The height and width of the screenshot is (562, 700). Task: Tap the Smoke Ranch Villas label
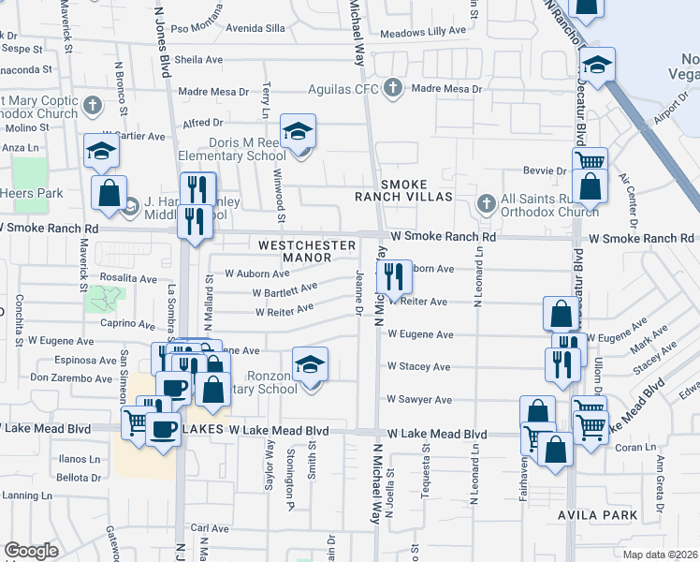(x=416, y=189)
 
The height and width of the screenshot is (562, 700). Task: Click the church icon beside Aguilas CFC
(x=393, y=90)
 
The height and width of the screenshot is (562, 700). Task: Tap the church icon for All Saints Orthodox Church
(x=486, y=203)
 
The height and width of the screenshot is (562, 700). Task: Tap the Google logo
(x=31, y=551)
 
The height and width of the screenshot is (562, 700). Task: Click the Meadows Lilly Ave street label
(x=423, y=31)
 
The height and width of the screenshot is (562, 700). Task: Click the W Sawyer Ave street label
(x=420, y=400)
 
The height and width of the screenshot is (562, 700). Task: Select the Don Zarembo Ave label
(x=71, y=377)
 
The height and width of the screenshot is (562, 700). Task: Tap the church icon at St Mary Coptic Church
(x=92, y=105)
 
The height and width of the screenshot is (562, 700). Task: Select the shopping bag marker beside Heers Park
(x=109, y=194)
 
